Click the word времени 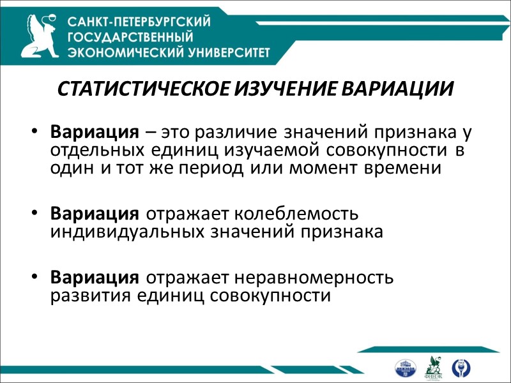(409, 169)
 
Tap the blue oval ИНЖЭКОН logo (406, 368)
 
